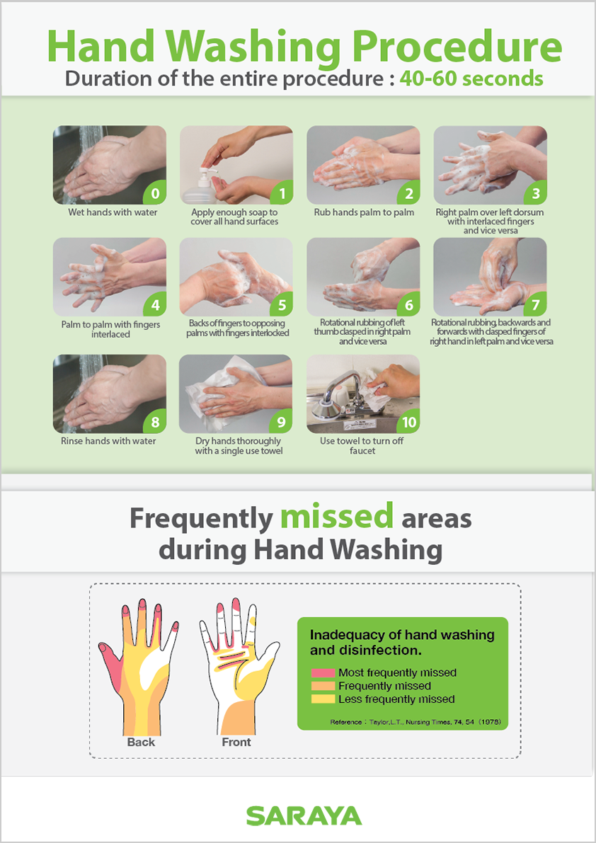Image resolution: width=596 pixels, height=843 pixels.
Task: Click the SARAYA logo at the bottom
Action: [x=304, y=815]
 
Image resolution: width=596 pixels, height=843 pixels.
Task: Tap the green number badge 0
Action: [x=155, y=193]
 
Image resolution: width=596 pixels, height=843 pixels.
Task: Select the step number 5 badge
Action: [x=282, y=305]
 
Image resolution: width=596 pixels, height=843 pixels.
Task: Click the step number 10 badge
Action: [x=409, y=423]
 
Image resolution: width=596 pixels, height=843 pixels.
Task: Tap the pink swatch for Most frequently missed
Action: [x=323, y=672]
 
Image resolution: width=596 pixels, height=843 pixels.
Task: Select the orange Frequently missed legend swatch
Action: [x=323, y=686]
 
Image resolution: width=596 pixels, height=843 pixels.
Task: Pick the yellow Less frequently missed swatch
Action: [x=323, y=699]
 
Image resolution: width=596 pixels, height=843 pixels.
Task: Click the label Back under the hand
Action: [x=141, y=742]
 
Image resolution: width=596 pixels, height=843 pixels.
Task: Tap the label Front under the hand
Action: [x=236, y=742]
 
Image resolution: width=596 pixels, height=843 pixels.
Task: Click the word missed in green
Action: [x=337, y=517]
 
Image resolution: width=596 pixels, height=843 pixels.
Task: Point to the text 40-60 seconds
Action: [x=471, y=79]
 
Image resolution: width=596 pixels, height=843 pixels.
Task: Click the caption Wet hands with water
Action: [x=113, y=212]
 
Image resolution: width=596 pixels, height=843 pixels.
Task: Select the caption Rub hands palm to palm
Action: [x=365, y=212]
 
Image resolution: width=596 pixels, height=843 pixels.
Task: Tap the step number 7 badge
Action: [x=535, y=305]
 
